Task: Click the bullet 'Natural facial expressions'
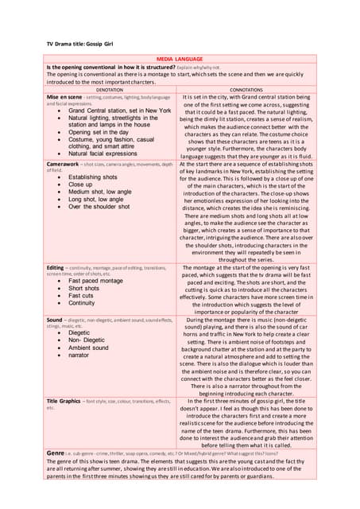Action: coord(108,153)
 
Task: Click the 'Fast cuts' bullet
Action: coord(85,296)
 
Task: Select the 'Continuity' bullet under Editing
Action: coord(86,303)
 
